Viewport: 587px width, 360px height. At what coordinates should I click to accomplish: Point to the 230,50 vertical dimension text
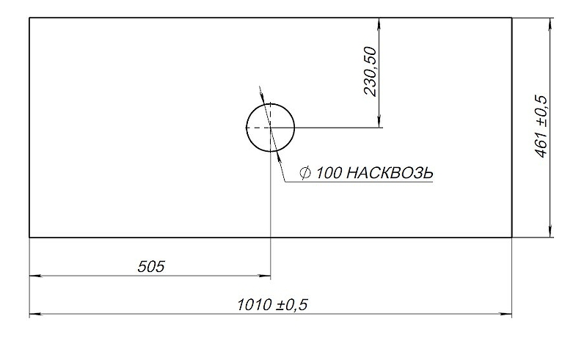pos(370,72)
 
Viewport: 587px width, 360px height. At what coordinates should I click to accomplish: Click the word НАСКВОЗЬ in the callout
pos(389,173)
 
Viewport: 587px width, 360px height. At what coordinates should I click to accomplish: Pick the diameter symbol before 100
pos(305,173)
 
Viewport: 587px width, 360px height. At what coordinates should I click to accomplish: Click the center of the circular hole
pos(270,127)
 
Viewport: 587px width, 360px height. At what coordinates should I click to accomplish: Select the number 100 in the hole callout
pos(328,173)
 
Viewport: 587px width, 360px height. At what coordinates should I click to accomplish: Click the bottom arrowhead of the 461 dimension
pos(550,232)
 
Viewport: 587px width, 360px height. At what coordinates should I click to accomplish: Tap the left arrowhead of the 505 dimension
pos(34,276)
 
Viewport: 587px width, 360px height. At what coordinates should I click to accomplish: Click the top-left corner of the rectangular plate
pos(29,18)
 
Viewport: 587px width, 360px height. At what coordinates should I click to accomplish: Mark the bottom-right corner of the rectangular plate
pos(511,237)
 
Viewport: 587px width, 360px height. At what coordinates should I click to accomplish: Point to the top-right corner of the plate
pos(511,18)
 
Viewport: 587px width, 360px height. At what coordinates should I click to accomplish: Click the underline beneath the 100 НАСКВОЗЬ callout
pos(360,181)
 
